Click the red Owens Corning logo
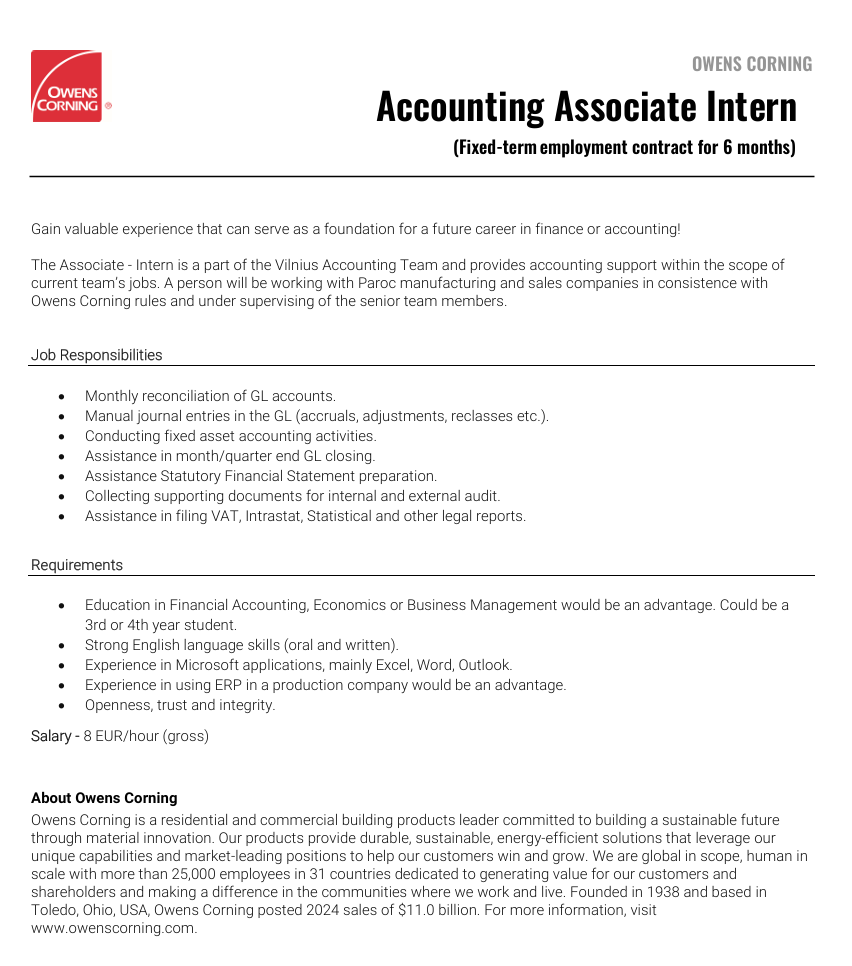[66, 87]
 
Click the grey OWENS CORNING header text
[752, 64]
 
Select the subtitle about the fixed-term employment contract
[624, 147]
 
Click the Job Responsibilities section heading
[96, 355]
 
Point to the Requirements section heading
[77, 565]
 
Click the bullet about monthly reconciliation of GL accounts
[210, 396]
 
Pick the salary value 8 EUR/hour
[146, 736]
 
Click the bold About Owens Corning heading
[104, 798]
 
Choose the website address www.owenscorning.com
[113, 927]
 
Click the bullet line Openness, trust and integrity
[180, 705]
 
